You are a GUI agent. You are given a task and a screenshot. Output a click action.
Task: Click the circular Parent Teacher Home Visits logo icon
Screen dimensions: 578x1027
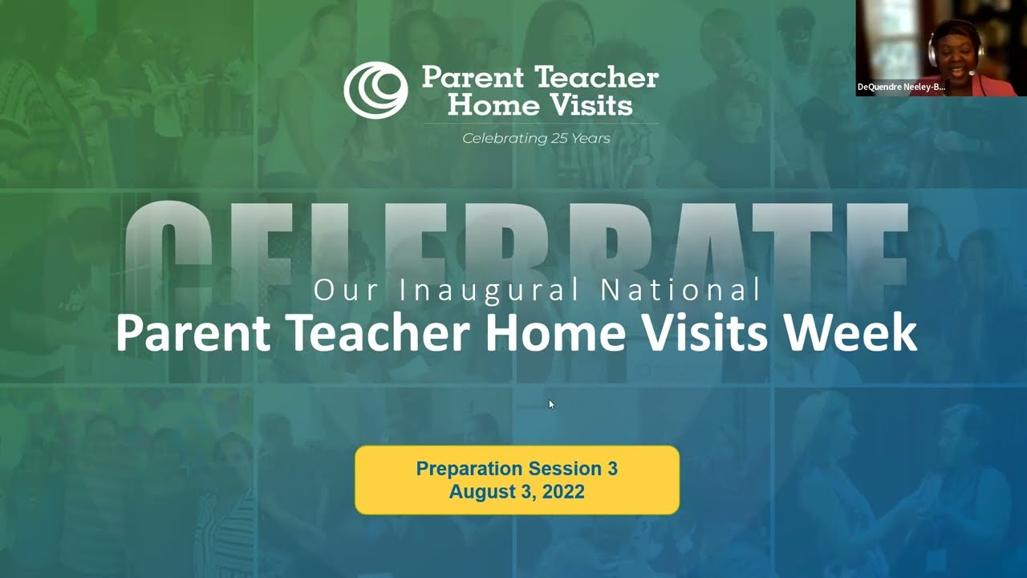375,90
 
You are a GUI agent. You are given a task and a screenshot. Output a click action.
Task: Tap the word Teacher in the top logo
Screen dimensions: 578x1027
597,78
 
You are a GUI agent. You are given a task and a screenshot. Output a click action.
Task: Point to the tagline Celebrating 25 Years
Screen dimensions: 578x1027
536,138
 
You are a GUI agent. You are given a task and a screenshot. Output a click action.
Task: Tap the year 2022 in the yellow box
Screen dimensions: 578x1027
563,491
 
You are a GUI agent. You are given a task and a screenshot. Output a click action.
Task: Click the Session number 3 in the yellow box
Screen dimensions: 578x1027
612,469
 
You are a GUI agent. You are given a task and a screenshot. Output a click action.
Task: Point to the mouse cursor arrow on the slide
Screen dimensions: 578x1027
551,404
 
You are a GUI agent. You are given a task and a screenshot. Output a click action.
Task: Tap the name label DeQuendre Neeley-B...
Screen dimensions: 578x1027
900,87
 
